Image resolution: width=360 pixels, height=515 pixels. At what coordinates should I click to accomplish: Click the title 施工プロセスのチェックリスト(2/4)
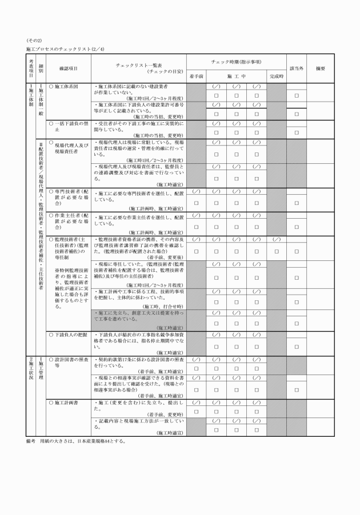tap(65, 50)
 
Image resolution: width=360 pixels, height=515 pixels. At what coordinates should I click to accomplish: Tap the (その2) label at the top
tap(34, 40)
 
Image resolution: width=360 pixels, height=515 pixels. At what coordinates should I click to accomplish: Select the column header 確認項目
tap(68, 69)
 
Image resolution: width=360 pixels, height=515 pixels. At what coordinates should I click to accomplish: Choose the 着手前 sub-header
tap(197, 75)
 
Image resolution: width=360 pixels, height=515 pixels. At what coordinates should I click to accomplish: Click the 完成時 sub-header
tap(277, 75)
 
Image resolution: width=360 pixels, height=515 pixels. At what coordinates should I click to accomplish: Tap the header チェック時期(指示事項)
tap(236, 62)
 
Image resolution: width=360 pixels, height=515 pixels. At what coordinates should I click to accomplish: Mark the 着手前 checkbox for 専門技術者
tap(197, 203)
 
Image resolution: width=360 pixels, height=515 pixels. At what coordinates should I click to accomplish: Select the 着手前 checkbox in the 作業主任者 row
tap(197, 227)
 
